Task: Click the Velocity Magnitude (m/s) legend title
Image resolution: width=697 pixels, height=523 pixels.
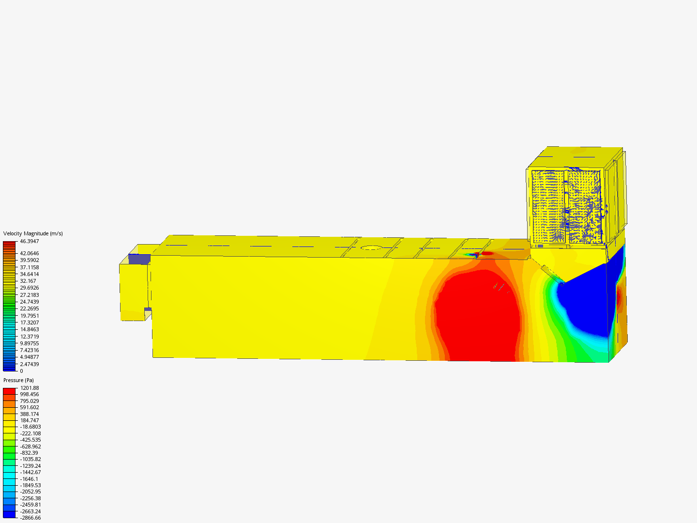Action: pos(33,233)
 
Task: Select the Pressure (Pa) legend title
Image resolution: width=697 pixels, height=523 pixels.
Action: pos(18,380)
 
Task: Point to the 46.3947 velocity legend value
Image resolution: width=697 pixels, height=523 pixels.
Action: pos(29,241)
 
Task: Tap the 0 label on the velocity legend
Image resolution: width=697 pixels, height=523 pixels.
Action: pos(21,371)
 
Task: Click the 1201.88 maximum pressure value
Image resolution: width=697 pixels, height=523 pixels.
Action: pos(29,388)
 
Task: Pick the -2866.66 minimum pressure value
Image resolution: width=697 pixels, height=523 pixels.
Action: pos(30,518)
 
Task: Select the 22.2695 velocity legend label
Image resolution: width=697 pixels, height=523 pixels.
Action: pos(29,308)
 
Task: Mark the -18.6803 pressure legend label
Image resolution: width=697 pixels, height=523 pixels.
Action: pos(30,427)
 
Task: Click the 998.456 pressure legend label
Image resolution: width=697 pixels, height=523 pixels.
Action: pos(29,394)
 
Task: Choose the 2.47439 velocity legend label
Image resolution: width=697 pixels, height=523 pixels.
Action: pos(29,364)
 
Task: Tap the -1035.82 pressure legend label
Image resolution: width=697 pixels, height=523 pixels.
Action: pos(30,459)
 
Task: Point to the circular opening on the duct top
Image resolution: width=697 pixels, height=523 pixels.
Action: pos(371,247)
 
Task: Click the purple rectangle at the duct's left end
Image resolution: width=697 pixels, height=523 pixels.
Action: pos(139,259)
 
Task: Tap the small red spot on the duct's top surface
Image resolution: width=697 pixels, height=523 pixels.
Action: pos(487,253)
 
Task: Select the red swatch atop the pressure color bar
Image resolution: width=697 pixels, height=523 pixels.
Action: pos(9,391)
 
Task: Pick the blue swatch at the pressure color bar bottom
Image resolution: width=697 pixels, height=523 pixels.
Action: pos(9,514)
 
